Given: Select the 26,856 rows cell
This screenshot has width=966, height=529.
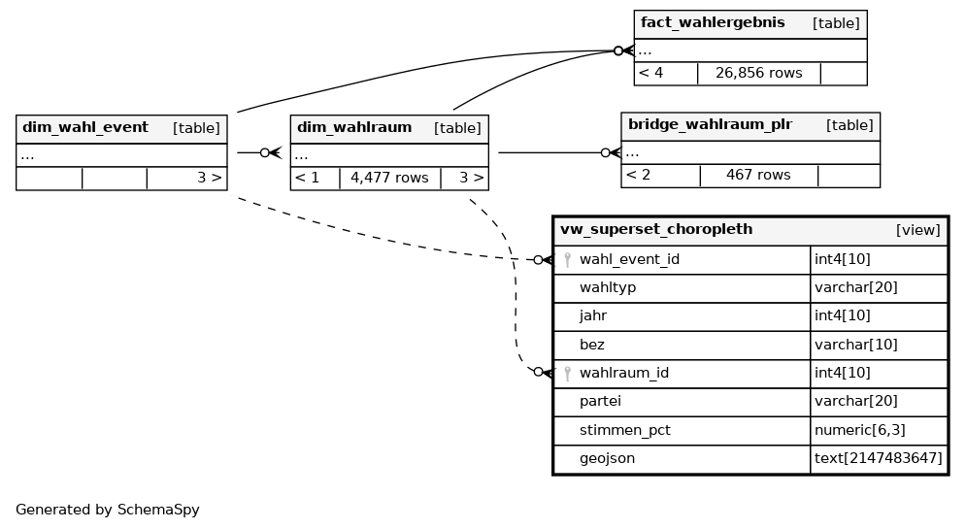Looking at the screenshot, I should tap(758, 73).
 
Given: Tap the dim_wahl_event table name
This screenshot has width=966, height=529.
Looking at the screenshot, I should tap(85, 127).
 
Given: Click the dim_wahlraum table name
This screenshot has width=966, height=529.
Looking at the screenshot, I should tap(354, 127).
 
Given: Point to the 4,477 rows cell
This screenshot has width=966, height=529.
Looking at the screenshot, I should tap(389, 178).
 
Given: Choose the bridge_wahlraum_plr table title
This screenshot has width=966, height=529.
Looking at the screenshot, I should tap(710, 124).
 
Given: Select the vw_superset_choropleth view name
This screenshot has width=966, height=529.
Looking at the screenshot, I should tap(656, 230).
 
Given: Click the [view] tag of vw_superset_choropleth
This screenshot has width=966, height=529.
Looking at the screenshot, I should tap(917, 230).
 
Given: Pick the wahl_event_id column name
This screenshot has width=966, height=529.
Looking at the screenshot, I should tap(629, 259).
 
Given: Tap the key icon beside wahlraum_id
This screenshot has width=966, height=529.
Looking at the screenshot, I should tap(567, 373).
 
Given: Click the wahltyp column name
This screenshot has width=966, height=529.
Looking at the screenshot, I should tap(608, 288).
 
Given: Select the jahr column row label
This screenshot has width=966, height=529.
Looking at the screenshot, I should tap(593, 315).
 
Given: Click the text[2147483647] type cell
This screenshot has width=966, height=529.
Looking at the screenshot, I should tap(879, 458).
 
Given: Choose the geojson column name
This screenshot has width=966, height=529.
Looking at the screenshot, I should tap(607, 458).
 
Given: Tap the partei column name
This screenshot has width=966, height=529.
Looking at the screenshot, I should tap(600, 401).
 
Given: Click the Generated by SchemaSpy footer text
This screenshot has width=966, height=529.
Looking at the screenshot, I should tap(108, 510).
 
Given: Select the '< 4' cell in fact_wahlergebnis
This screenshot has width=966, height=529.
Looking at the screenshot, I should tap(651, 73).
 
